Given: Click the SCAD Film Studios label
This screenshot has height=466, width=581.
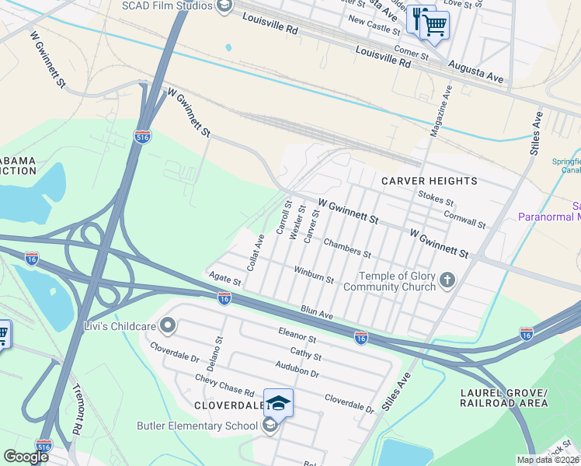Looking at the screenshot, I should pos(166,6).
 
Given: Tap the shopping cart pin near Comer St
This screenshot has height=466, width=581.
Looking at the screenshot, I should pos(434,25).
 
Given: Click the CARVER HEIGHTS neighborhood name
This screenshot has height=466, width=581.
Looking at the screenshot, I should pos(429,181).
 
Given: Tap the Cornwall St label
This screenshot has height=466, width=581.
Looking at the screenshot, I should pos(464,219).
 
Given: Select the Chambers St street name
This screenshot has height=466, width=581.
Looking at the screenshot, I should pos(347,248).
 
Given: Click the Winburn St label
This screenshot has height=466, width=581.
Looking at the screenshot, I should pos(314,274).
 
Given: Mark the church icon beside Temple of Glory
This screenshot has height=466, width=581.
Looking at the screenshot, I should pos(447,280).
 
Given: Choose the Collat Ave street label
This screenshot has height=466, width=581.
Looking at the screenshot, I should pos(256,252).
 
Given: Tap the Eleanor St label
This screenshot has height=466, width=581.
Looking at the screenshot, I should pos(297,335).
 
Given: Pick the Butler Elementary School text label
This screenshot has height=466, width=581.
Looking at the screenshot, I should pos(197,426).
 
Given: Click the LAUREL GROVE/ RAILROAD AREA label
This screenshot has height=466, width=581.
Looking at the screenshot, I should pos(503,396).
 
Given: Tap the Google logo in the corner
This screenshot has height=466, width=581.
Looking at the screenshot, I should pos(26,456).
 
